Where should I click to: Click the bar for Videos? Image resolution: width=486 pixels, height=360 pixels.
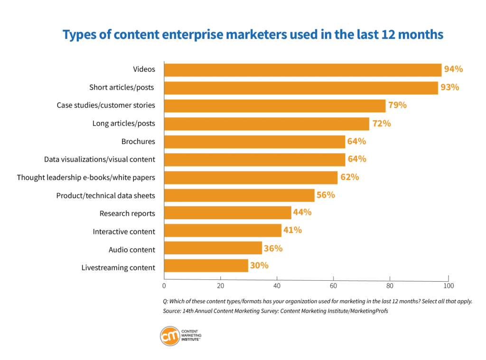tap(303, 70)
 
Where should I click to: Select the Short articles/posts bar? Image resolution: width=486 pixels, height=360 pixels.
tap(301, 88)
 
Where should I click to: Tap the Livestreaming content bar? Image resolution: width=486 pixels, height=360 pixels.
tap(206, 266)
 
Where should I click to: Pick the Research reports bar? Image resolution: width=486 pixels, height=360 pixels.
tap(227, 212)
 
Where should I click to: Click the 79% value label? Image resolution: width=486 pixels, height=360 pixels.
tap(397, 105)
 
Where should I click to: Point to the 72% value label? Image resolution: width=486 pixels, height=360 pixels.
tap(382, 123)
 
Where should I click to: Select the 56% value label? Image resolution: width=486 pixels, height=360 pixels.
tap(326, 194)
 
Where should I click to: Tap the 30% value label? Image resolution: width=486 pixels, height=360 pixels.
tap(259, 266)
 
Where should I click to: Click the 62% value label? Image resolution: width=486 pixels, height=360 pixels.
tap(349, 177)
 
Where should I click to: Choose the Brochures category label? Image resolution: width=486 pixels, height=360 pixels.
tap(138, 141)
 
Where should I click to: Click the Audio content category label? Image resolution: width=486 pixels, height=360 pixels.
tap(132, 249)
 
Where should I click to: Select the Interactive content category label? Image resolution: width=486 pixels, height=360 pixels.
tap(124, 231)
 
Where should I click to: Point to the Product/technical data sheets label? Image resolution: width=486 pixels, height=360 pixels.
tap(105, 195)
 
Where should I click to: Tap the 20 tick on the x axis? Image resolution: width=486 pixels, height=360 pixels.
tap(220, 286)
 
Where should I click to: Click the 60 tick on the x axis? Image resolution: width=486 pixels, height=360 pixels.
tap(334, 286)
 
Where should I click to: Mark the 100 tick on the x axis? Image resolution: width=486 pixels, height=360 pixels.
tap(448, 286)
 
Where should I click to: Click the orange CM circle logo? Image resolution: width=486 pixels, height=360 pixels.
tap(169, 336)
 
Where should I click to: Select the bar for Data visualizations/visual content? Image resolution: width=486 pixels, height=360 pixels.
tap(254, 159)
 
